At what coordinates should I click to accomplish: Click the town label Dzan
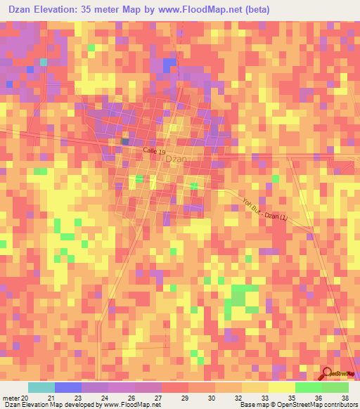[176, 159]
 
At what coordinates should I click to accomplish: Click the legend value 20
[25, 397]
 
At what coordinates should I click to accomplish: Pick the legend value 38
[344, 397]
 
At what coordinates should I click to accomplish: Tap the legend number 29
[184, 397]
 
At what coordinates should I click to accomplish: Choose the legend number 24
[105, 397]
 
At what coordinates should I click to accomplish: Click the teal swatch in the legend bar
[41, 387]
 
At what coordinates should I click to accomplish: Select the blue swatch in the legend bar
[68, 387]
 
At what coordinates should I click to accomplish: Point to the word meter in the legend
[11, 397]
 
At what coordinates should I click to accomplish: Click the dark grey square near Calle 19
[124, 141]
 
